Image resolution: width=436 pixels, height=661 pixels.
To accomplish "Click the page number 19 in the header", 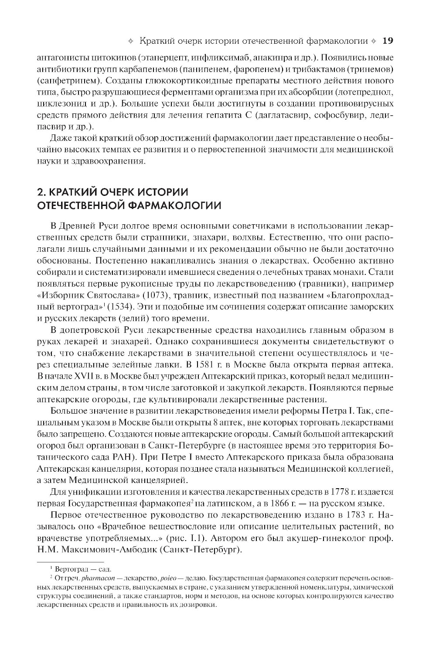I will (388, 41).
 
